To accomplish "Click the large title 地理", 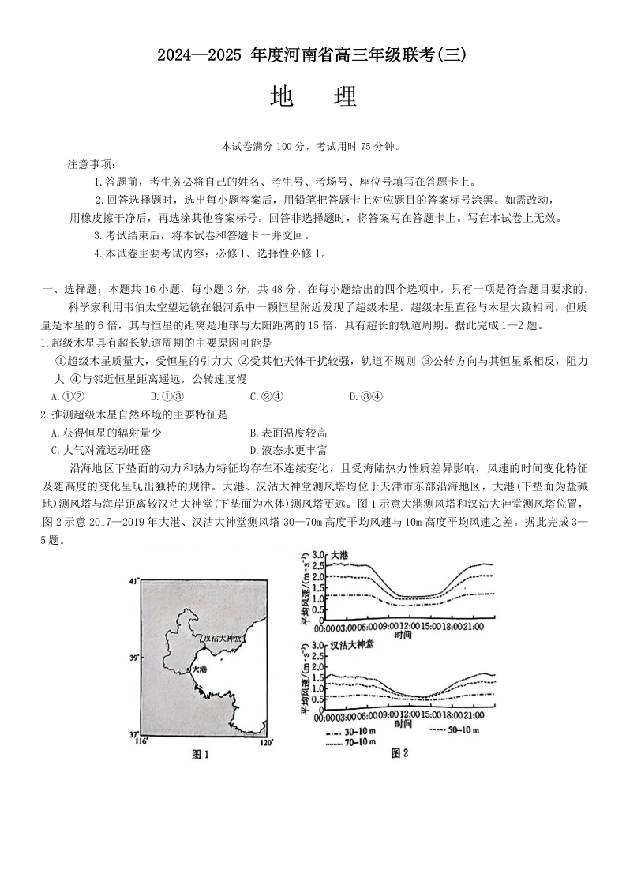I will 313,96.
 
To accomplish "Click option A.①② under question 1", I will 67,396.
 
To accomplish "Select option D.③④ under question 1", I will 365,396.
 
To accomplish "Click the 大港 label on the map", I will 198,669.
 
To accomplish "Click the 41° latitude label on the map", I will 133,581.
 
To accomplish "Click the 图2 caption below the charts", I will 399,754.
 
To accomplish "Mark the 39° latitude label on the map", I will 133,657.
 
